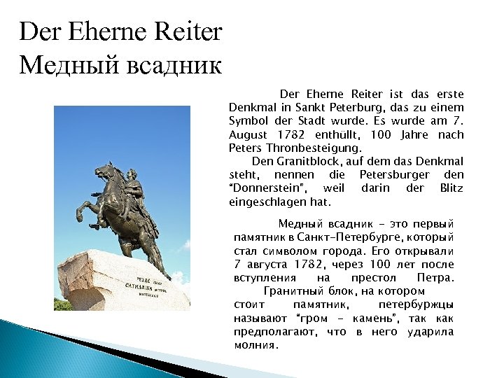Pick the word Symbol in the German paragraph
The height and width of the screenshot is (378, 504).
click(x=246, y=122)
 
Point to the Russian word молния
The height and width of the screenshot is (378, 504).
click(x=255, y=344)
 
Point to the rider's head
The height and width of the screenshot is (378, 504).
click(x=131, y=172)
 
